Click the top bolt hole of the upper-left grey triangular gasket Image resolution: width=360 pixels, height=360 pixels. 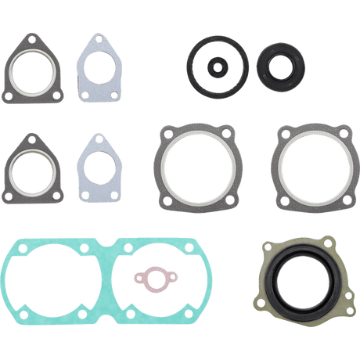28,37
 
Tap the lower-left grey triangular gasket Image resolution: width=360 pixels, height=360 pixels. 10,160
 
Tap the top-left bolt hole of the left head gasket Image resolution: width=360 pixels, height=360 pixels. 164,133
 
